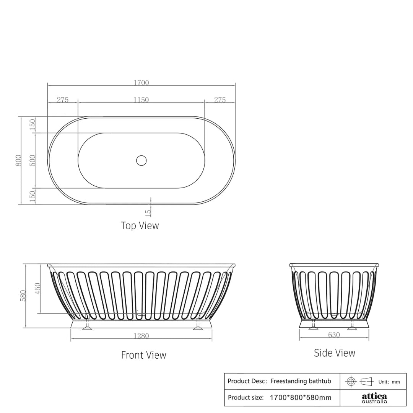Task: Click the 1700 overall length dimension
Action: pos(141,83)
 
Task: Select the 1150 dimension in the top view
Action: pos(141,100)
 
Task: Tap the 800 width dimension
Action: pos(18,160)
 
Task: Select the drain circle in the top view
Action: pos(141,160)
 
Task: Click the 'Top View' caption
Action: pos(140,225)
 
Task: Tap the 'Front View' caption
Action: pos(143,355)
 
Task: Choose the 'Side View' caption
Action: pos(334,353)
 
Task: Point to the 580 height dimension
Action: pos(23,295)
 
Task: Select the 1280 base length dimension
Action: pos(141,336)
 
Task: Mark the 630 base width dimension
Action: pos(334,335)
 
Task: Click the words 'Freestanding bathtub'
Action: pos(301,381)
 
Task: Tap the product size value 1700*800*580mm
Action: pos(300,397)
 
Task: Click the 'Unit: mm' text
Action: pos(389,382)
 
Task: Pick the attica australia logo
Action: pos(374,398)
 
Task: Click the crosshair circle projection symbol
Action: pos(351,382)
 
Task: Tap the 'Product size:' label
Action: pos(246,397)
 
